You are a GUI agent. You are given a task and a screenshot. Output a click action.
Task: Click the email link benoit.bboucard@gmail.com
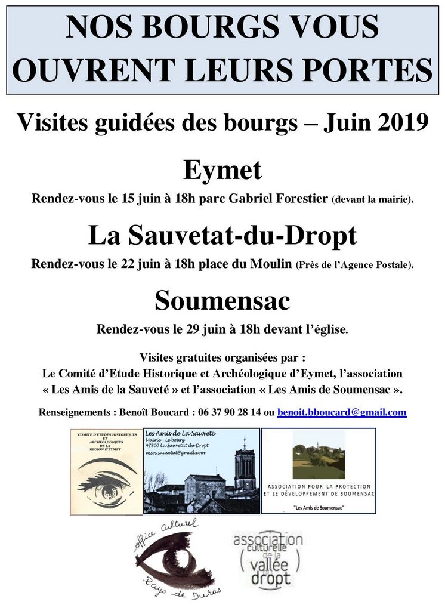pyautogui.click(x=342, y=412)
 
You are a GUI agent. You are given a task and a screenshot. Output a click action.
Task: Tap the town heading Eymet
pyautogui.click(x=222, y=171)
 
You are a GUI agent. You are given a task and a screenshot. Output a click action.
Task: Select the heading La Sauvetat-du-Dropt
pyautogui.click(x=222, y=236)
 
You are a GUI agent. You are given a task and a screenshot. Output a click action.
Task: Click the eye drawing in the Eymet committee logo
pyautogui.click(x=107, y=480)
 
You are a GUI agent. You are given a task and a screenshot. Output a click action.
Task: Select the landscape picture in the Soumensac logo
pyautogui.click(x=318, y=455)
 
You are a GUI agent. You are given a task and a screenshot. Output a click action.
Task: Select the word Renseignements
pyautogui.click(x=76, y=412)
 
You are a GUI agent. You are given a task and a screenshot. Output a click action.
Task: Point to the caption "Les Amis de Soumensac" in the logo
pyautogui.click(x=319, y=507)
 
